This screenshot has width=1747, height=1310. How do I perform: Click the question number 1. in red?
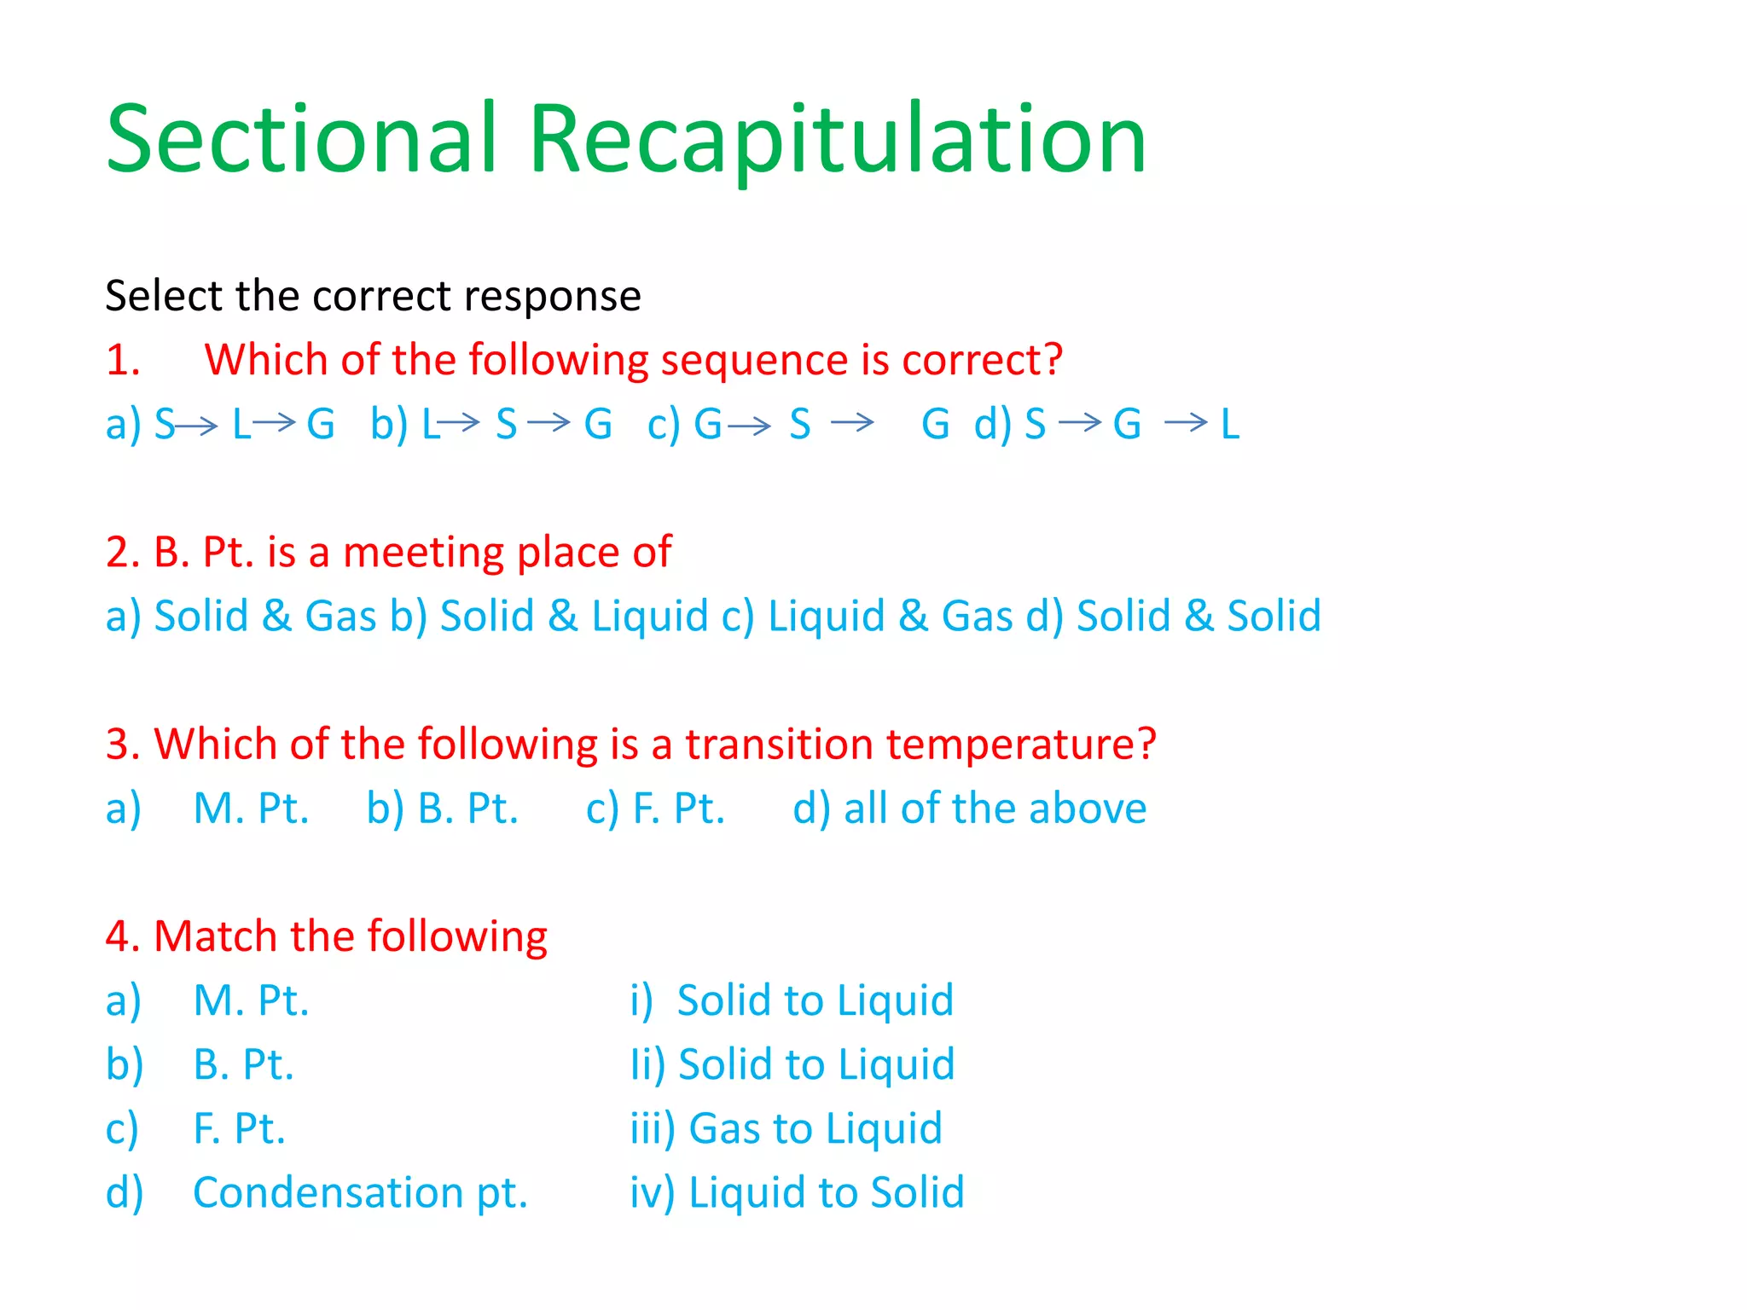123,361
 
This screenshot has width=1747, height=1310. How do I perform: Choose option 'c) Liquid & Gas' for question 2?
867,617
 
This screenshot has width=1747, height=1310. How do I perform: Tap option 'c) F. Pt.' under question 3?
655,809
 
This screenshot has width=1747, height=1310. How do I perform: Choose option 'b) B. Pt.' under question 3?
443,809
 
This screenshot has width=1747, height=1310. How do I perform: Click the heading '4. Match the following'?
327,936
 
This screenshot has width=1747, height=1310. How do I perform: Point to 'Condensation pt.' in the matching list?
360,1192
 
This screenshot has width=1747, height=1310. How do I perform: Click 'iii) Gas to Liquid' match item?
786,1128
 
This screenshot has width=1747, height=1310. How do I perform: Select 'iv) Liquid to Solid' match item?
797,1192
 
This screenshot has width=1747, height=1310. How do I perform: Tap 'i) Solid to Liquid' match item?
792,1000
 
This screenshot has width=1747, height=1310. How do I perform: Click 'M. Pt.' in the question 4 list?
251,1000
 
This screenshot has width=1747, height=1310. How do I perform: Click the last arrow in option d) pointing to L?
1186,421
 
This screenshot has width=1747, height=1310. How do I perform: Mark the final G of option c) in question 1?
936,424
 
